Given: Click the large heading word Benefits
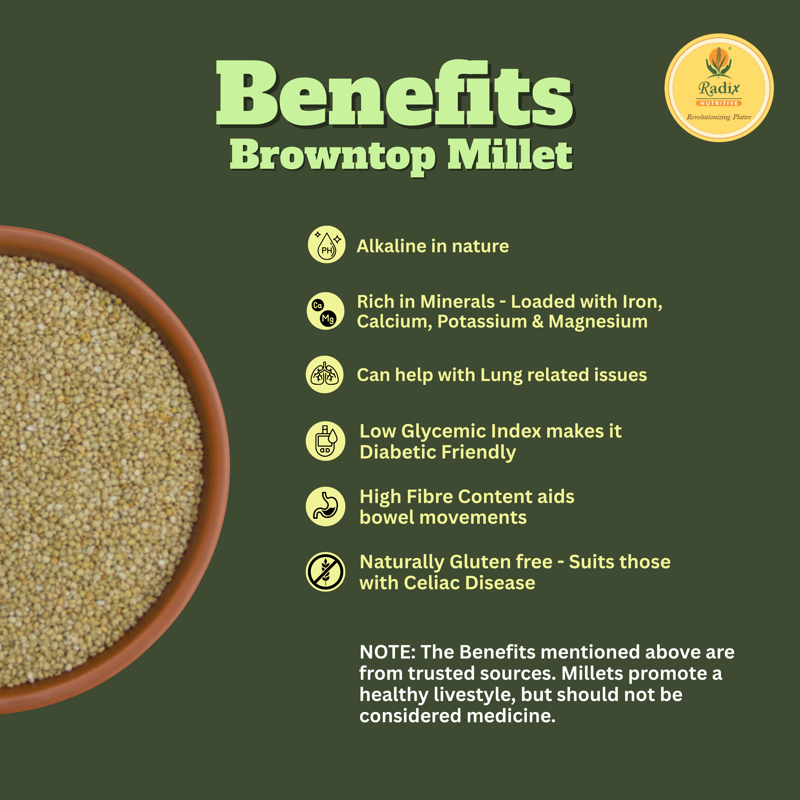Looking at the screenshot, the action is pyautogui.click(x=394, y=93).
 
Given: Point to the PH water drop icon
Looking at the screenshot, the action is pyautogui.click(x=326, y=244).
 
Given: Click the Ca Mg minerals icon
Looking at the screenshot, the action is pyautogui.click(x=325, y=311).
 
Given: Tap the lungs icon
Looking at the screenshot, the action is pyautogui.click(x=325, y=374).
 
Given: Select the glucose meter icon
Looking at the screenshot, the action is pyautogui.click(x=325, y=441).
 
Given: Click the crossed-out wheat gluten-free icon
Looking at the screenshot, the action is pyautogui.click(x=325, y=572).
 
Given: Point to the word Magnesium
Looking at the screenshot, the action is pyautogui.click(x=598, y=322).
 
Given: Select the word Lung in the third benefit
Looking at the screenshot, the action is pyautogui.click(x=501, y=375).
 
